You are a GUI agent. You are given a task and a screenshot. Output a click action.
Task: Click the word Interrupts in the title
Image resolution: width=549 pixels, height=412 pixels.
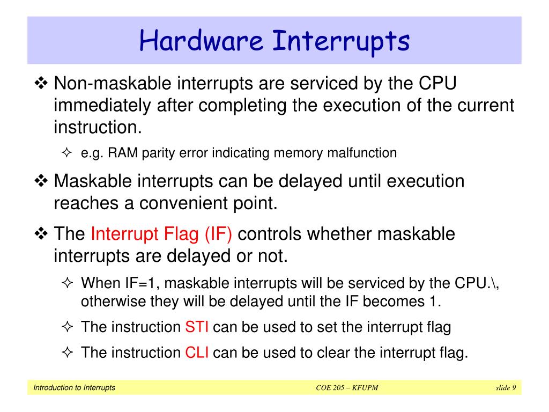tap(341, 41)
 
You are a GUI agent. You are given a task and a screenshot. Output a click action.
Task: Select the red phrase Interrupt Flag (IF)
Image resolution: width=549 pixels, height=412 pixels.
tap(161, 234)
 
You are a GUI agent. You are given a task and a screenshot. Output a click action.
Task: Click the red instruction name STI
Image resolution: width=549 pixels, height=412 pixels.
tap(196, 327)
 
